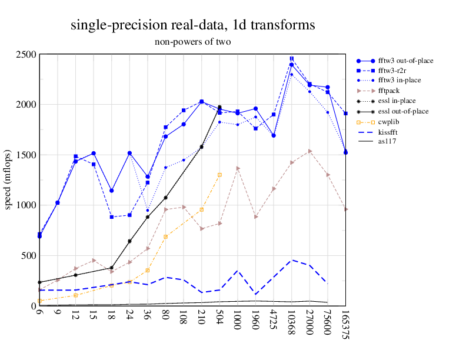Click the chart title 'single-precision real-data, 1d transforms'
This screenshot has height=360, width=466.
[192, 25]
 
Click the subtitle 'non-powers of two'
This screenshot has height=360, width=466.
[192, 42]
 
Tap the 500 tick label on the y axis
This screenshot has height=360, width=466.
[29, 256]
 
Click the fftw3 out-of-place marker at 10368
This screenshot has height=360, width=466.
[292, 65]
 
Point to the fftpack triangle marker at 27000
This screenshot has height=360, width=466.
[310, 151]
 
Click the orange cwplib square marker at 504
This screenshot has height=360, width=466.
[219, 175]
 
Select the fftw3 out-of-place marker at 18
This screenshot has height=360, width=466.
[111, 191]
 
